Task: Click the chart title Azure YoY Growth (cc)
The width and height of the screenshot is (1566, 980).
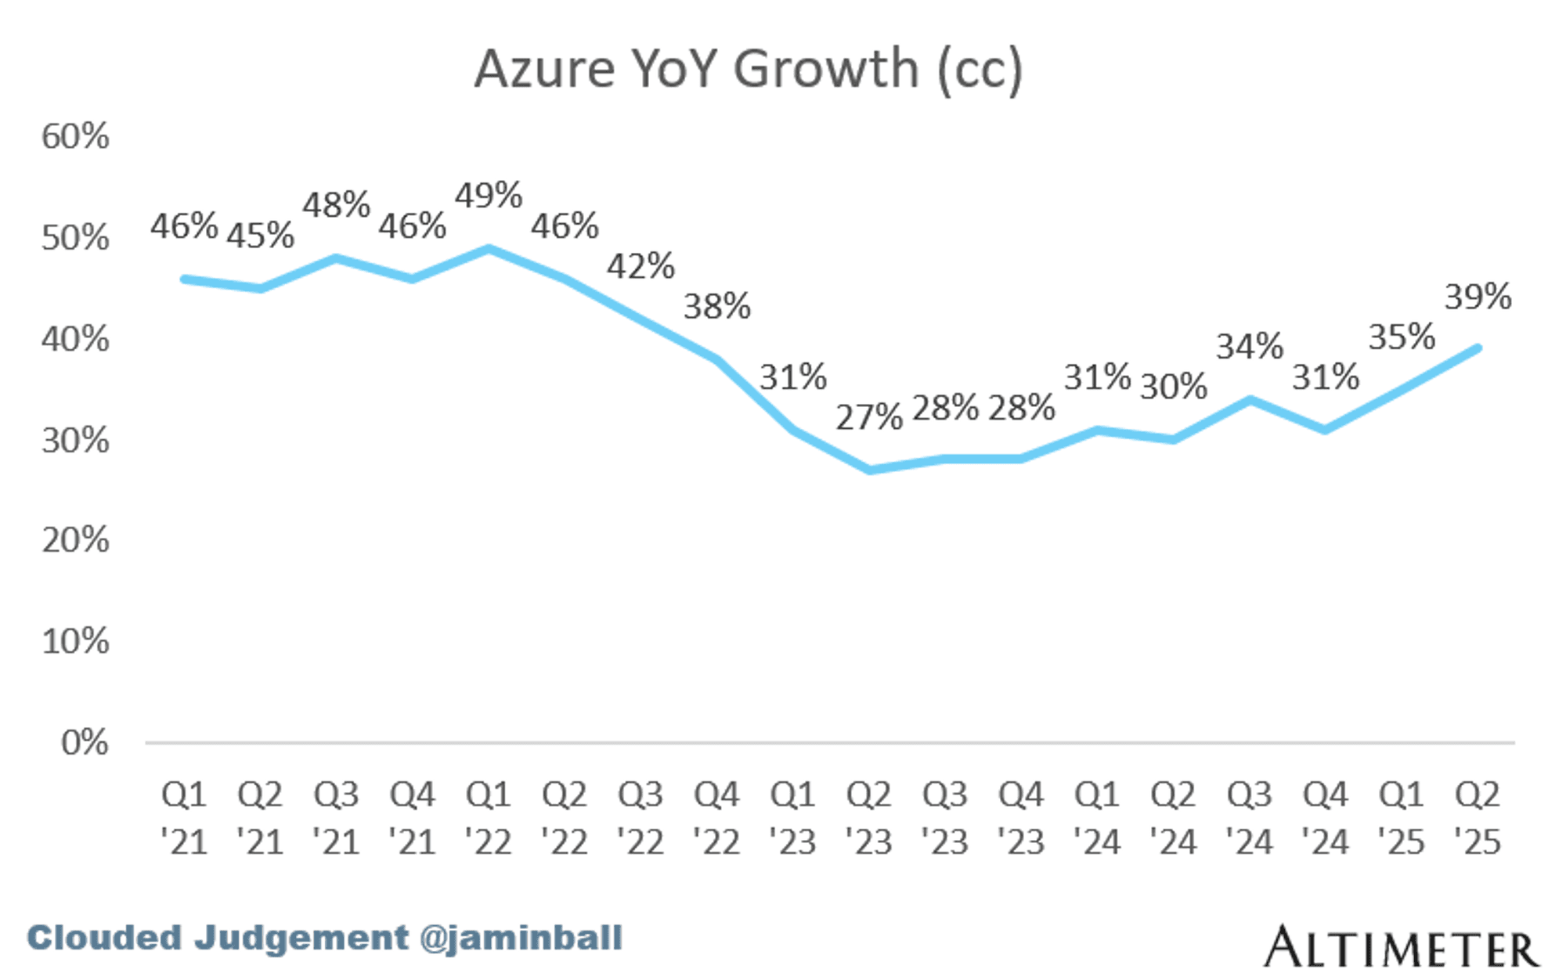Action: pyautogui.click(x=748, y=69)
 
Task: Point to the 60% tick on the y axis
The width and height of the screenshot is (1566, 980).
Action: pyautogui.click(x=75, y=136)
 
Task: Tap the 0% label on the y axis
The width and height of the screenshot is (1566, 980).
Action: pyautogui.click(x=85, y=742)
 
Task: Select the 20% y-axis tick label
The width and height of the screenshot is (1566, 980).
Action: pyautogui.click(x=75, y=540)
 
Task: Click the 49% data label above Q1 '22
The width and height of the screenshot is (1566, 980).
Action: pyautogui.click(x=489, y=196)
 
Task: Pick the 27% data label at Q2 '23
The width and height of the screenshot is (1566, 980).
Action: pyautogui.click(x=869, y=417)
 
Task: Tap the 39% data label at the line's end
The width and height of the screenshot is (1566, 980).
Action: pyautogui.click(x=1478, y=297)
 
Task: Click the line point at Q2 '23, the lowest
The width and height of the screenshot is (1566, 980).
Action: pyautogui.click(x=869, y=470)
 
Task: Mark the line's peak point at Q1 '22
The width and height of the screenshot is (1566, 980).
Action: pyautogui.click(x=489, y=249)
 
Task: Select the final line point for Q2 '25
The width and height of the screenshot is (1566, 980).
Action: pyautogui.click(x=1478, y=348)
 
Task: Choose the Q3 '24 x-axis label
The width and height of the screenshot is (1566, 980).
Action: pyautogui.click(x=1249, y=818)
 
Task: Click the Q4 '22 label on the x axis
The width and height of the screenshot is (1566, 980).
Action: pyautogui.click(x=716, y=818)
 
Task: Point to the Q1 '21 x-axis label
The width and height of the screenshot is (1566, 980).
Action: pyautogui.click(x=184, y=818)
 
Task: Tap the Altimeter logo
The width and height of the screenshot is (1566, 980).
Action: pyautogui.click(x=1401, y=947)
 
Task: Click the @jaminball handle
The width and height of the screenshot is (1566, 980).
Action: pyautogui.click(x=521, y=938)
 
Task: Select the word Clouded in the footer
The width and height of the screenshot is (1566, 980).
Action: pyautogui.click(x=104, y=938)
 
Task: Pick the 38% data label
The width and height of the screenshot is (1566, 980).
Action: pyautogui.click(x=716, y=306)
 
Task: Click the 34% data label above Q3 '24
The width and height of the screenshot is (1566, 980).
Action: pyautogui.click(x=1249, y=346)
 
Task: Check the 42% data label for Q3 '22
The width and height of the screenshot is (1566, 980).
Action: pyautogui.click(x=640, y=266)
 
